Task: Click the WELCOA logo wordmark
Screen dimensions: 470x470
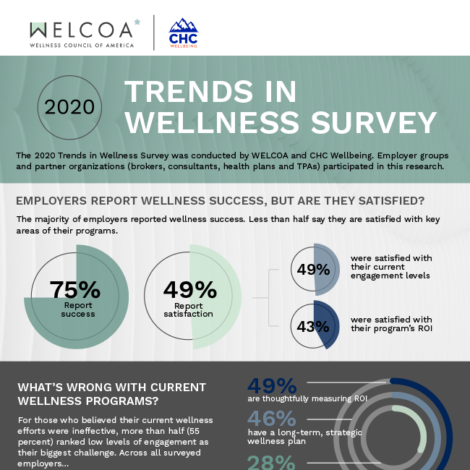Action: (x=81, y=30)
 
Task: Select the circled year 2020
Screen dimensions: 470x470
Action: (x=69, y=107)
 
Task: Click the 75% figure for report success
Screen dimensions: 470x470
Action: (x=74, y=289)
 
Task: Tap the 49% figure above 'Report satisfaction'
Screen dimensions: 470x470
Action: (x=189, y=289)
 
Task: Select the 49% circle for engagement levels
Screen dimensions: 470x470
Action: (x=314, y=270)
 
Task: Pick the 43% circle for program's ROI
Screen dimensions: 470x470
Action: (x=314, y=326)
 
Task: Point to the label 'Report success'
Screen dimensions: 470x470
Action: (x=77, y=309)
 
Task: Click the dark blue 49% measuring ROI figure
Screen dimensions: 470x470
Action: (x=272, y=386)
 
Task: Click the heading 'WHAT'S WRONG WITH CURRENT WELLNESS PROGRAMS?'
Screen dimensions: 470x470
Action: (x=111, y=394)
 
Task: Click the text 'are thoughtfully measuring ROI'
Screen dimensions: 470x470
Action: (x=308, y=398)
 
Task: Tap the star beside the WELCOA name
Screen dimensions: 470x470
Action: (x=137, y=23)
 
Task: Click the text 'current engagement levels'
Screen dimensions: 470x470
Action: (x=390, y=270)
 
